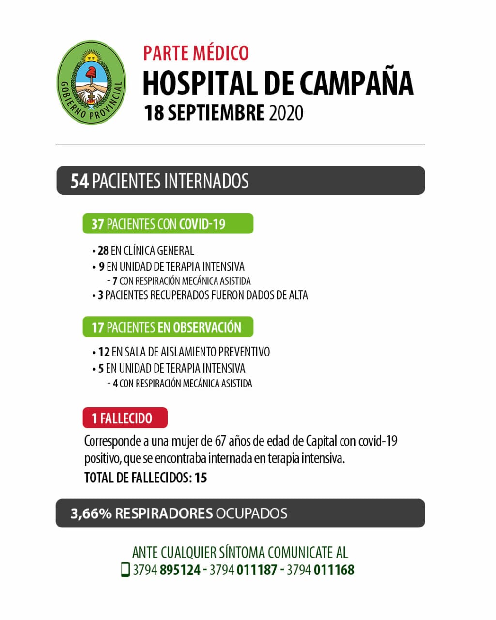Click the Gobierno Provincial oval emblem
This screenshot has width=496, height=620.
91,82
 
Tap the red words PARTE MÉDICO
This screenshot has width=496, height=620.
196,53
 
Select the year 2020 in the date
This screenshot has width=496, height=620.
286,113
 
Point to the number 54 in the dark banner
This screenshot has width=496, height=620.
79,181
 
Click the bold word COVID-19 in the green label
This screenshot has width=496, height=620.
202,224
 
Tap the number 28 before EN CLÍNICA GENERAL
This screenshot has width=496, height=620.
103,250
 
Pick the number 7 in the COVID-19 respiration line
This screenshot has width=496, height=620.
115,281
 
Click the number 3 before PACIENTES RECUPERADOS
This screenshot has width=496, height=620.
100,295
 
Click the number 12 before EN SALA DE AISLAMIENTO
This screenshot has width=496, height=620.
104,352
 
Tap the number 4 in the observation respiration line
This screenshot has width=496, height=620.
115,384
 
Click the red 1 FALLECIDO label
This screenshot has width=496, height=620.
125,418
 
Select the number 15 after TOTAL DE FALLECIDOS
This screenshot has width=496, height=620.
201,478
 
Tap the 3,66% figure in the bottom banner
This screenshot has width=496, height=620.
91,513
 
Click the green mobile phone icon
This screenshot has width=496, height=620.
125,570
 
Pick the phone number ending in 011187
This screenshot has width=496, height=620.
243,570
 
